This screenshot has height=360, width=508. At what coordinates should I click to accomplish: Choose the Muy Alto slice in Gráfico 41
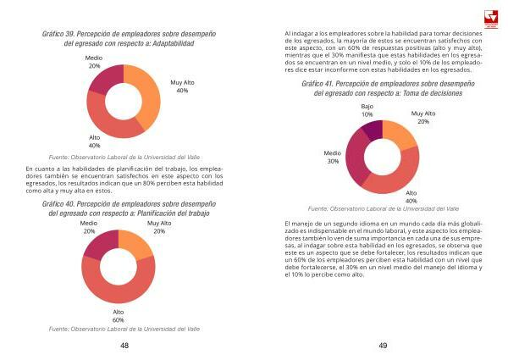[x=400, y=135]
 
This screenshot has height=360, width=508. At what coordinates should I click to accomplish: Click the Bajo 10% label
[x=367, y=109]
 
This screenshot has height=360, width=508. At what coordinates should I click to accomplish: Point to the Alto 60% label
[x=119, y=317]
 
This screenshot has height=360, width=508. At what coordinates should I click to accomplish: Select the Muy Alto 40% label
[x=182, y=86]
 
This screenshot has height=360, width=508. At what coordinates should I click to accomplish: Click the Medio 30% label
[x=333, y=157]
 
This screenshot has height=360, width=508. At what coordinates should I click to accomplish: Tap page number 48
[x=124, y=346]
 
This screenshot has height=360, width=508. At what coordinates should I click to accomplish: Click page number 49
[x=382, y=346]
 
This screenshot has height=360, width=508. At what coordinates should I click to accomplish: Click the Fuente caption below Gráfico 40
[x=124, y=328]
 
